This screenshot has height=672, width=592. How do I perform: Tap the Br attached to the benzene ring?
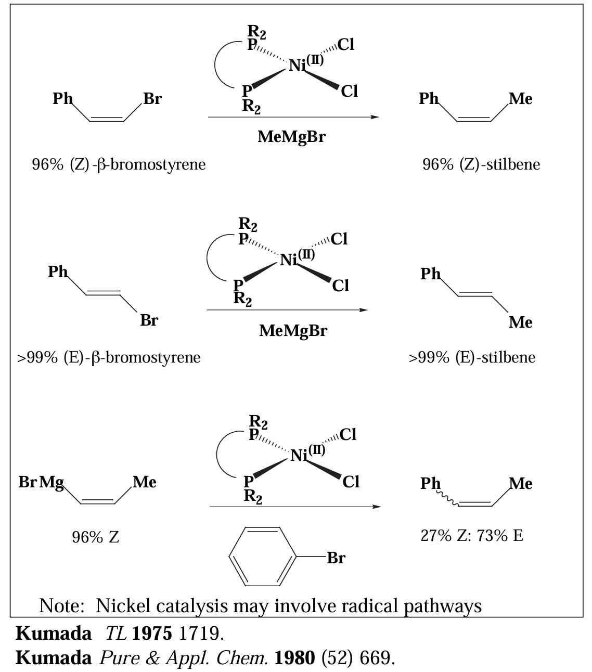pos(336,558)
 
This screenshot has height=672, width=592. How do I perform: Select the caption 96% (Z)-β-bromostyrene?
pos(119,164)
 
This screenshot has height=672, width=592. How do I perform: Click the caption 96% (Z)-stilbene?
pos(481,164)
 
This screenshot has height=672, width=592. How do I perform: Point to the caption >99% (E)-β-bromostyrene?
pos(109,357)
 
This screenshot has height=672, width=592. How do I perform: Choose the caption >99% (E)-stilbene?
pos(472,357)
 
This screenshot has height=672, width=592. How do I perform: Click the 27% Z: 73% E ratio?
pos(472,536)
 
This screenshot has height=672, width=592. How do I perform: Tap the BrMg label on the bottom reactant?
pos(41,483)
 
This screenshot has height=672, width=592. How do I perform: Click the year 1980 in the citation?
pos(294,658)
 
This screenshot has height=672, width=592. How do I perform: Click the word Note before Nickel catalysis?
pos(61,605)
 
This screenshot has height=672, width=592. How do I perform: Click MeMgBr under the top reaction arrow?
pos(292,137)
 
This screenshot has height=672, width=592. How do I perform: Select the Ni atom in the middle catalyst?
pos(288,260)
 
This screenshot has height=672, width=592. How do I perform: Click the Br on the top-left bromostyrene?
pos(152,98)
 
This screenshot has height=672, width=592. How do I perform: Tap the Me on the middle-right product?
pos(521,322)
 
